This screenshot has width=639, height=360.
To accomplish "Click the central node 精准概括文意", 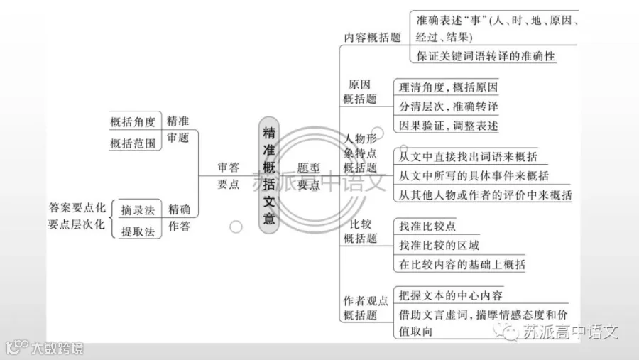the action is point(269,175).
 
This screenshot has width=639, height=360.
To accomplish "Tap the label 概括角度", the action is point(133,122).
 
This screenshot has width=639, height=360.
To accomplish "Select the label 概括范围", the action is point(133,143).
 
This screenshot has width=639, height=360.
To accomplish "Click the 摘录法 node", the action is point(138,210).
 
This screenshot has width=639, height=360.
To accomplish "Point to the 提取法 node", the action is point(138,232).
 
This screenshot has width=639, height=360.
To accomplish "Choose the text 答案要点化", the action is point(77,207).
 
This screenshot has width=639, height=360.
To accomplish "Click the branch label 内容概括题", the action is point(373,38).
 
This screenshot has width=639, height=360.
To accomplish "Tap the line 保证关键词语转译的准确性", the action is point(486,56).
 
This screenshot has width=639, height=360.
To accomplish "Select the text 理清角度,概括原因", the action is point(448,87).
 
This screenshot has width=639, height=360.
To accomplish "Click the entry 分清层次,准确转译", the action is point(448,107).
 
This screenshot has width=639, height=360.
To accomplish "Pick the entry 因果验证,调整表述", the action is point(448,126).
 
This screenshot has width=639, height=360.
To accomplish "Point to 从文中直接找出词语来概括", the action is point(468,156).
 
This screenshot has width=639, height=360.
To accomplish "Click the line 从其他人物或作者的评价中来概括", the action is point(485,195).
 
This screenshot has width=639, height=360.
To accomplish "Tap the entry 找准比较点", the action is point(427,226).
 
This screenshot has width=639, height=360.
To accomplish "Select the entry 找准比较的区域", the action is point(439,245).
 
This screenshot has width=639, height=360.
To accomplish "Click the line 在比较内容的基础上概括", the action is point(462,264).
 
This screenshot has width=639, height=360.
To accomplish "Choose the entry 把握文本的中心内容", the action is point(450,295).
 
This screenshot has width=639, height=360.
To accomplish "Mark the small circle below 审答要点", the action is point(236,227).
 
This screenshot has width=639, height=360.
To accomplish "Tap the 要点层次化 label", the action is point(77,224).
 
